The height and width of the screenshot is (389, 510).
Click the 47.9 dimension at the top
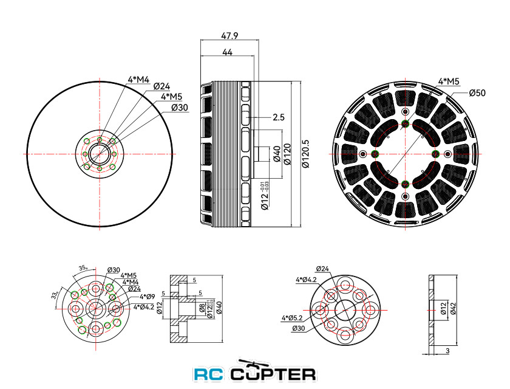click(229, 35)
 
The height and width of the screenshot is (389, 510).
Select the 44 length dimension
click(227, 52)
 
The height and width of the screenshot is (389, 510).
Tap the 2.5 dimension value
click(279, 117)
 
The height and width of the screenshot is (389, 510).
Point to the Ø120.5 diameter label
click(305, 154)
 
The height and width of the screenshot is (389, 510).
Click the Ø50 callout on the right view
click(477, 93)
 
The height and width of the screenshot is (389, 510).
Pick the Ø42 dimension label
click(453, 308)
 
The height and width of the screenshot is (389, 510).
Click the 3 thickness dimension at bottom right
click(447, 351)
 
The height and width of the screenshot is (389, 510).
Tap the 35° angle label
click(83, 268)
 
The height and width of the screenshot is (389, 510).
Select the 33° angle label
click(55, 295)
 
